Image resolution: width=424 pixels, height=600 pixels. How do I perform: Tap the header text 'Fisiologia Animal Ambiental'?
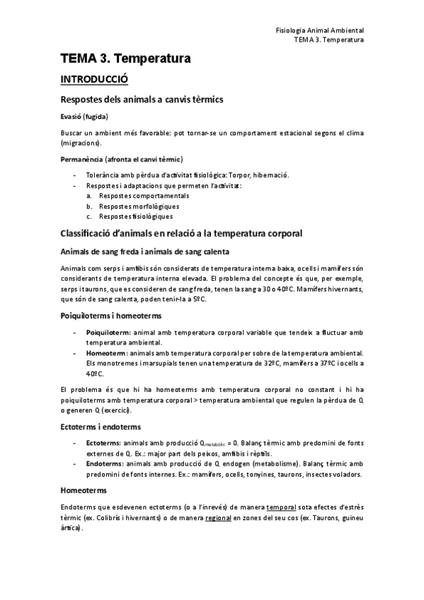(x=319, y=30)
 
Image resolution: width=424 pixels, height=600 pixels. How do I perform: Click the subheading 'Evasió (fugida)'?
(x=84, y=116)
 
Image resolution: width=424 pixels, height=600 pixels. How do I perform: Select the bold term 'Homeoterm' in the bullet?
(x=106, y=352)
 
